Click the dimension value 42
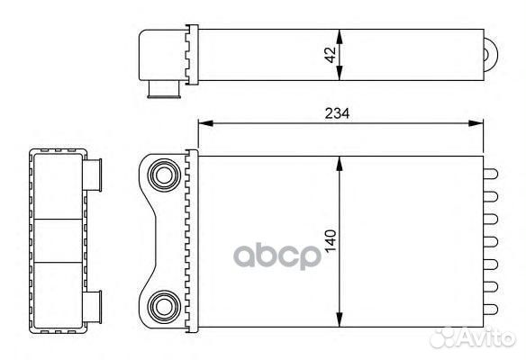[x=330, y=53]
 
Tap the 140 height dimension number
[x=330, y=240]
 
